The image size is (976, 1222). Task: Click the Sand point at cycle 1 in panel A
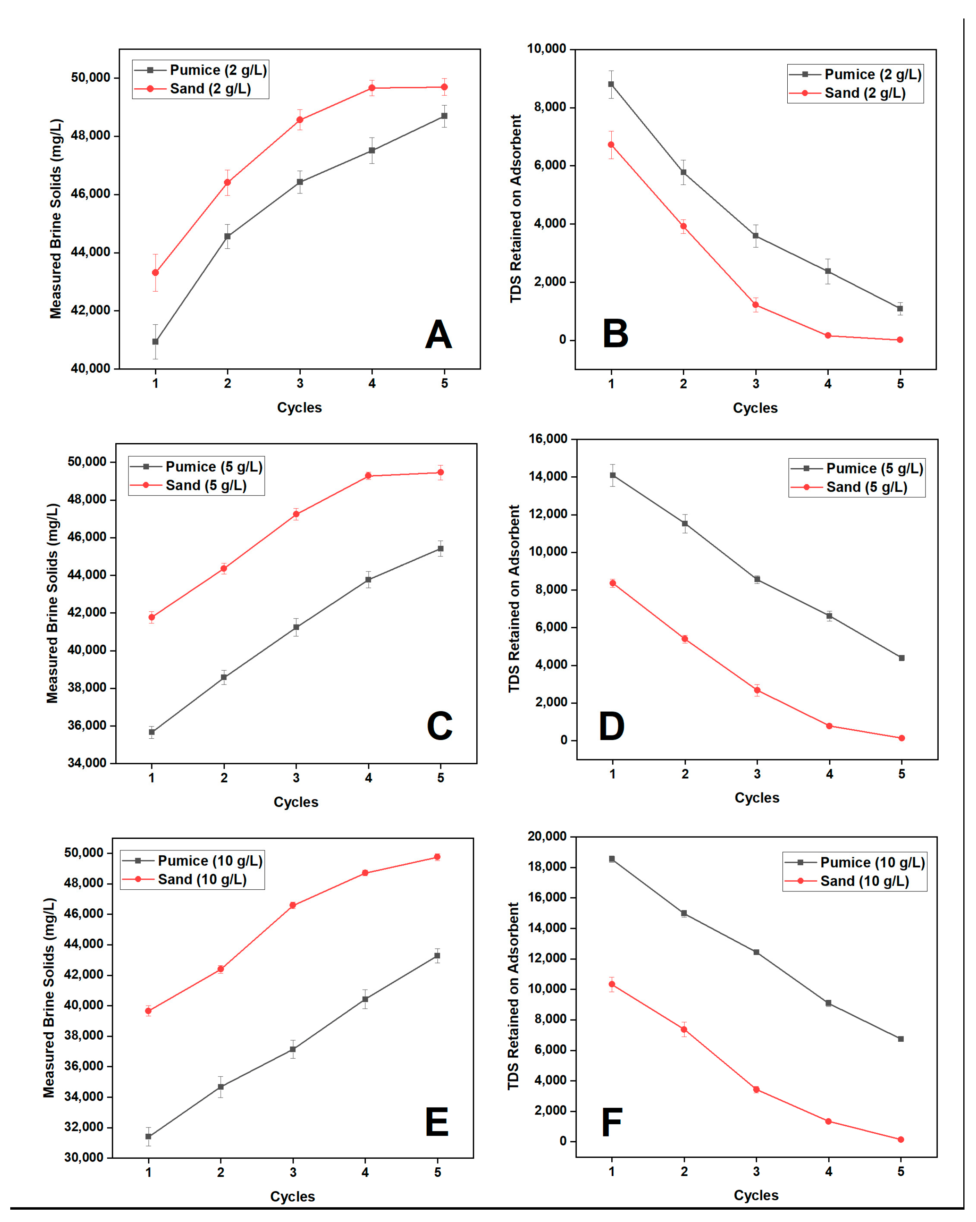coord(155,273)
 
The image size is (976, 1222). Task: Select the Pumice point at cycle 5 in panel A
coord(444,116)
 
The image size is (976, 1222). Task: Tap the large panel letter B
coord(615,334)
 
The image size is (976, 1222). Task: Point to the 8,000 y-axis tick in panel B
coord(550,107)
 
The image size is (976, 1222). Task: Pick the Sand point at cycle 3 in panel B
coord(756,305)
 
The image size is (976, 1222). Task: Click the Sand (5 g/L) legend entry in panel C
coord(206,485)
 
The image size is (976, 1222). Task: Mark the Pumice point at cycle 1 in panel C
coord(152,732)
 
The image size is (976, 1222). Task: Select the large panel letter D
coord(612,727)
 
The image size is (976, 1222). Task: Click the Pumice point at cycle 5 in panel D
coord(901,658)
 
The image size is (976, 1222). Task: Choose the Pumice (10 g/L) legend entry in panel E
coord(210,861)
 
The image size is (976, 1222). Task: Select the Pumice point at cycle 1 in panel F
coord(612,859)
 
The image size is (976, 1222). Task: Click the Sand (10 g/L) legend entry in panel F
coord(864,881)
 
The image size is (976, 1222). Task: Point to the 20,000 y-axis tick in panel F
coord(546,836)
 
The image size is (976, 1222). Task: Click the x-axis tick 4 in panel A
coord(372,384)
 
